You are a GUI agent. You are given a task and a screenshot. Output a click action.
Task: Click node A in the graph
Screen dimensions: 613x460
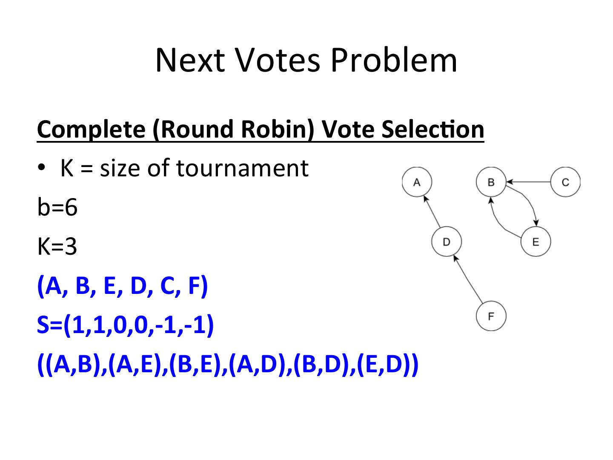pos(417,182)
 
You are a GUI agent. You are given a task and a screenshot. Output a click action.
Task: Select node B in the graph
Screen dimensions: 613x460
pos(491,182)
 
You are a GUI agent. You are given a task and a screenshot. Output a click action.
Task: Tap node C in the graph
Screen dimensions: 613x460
pos(565,182)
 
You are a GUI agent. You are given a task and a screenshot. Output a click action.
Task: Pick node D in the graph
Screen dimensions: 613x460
pos(446,242)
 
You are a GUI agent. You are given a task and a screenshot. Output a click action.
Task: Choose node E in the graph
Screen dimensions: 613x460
pos(536,242)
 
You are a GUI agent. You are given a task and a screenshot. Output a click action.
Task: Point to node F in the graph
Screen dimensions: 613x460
pos(491,316)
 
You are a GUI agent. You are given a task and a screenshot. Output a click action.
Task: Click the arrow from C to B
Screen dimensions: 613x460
pos(528,182)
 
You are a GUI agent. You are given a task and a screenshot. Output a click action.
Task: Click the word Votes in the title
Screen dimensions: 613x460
pos(277,60)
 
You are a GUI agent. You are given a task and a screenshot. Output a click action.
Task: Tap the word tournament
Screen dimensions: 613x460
pos(242,168)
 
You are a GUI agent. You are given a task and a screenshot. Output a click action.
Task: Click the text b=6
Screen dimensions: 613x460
pos(57,207)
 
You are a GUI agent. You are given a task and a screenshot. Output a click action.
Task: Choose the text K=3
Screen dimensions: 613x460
pos(57,247)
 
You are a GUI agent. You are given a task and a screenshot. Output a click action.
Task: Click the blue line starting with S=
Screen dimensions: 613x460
pos(125,325)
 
